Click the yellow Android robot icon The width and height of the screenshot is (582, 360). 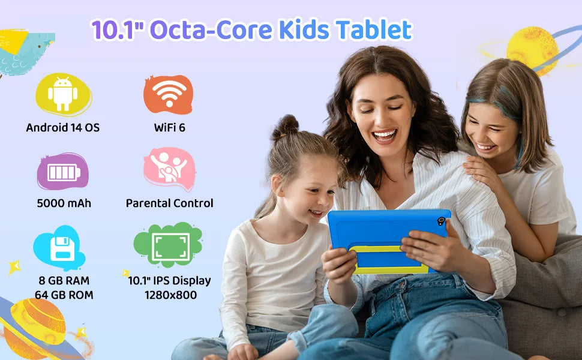[x=63, y=94]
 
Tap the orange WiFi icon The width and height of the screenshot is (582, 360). [x=168, y=94]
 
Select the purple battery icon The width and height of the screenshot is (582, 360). [x=63, y=172]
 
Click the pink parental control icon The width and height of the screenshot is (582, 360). [x=169, y=169]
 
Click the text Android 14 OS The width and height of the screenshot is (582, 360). [x=63, y=127]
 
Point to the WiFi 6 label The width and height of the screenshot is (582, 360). [x=169, y=127]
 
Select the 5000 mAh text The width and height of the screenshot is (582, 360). [x=64, y=203]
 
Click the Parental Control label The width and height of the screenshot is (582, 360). [x=169, y=203]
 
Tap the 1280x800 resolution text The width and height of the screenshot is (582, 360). [x=170, y=295]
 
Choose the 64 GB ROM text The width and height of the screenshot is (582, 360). [x=64, y=295]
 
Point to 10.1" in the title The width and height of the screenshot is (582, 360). [x=116, y=29]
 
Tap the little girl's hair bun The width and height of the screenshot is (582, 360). [x=286, y=127]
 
